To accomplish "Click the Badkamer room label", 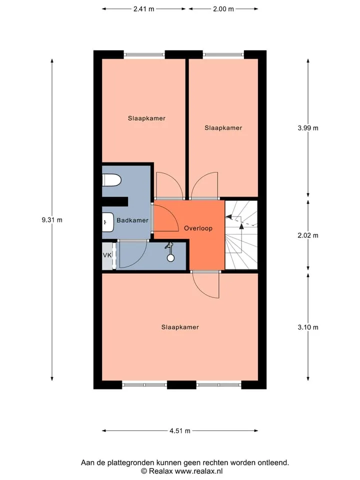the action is (132, 220).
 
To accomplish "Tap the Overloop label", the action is (198, 228).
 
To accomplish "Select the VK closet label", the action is (107, 255).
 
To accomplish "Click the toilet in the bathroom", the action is (111, 180).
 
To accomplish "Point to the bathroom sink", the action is (108, 222).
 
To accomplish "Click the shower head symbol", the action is (170, 252).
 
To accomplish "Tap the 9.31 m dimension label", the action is (52, 220).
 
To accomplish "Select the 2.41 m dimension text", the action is (144, 9).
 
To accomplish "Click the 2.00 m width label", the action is (223, 9).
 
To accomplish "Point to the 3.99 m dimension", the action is (308, 128).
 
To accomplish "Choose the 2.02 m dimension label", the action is (308, 235).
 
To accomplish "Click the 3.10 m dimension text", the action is (308, 327).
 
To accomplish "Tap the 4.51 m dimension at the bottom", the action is (180, 430).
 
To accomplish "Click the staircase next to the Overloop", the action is (241, 235).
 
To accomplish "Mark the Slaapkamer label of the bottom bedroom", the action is (180, 327).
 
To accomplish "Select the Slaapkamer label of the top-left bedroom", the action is (146, 118).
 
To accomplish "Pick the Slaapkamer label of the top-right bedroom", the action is (223, 127).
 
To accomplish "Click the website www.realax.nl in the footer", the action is (199, 471).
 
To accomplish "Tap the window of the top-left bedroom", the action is (144, 55).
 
